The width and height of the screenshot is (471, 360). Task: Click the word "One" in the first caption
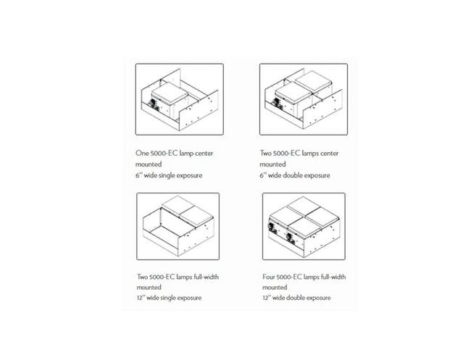tap(143, 154)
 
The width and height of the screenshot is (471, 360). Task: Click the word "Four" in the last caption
tap(270, 277)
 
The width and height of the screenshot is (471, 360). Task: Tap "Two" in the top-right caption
tap(269, 154)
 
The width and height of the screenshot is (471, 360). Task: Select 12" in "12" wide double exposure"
tap(267, 298)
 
